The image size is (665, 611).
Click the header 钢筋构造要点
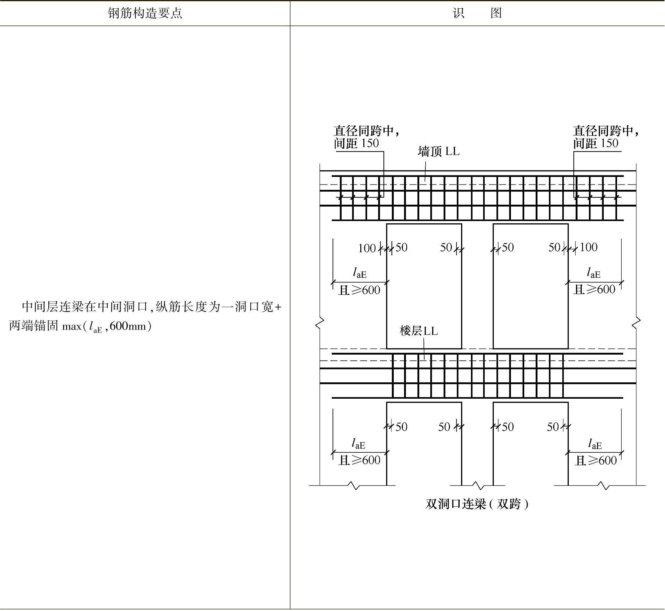(145, 13)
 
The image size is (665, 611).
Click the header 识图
(477, 13)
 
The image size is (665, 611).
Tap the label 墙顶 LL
(438, 151)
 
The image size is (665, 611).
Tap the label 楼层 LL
(418, 331)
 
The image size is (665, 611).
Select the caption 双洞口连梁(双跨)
(477, 504)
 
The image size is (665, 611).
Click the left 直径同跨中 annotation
(366, 131)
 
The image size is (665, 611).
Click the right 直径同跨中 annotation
(606, 131)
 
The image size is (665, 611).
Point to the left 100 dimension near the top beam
(367, 248)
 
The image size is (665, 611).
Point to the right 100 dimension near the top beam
(588, 247)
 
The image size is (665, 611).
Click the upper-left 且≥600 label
(360, 290)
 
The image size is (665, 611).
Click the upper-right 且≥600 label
(594, 290)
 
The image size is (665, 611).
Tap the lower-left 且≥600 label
(360, 460)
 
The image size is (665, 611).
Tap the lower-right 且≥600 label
(595, 461)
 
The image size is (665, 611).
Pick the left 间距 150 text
(356, 143)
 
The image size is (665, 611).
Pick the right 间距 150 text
(596, 143)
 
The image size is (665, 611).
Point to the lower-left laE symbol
(358, 444)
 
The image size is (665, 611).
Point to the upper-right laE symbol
(593, 273)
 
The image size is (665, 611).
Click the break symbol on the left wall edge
(320, 323)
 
